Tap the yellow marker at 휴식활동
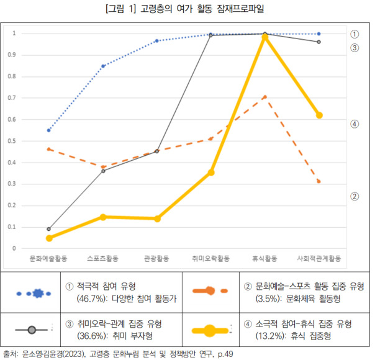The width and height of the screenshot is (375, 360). (264, 38)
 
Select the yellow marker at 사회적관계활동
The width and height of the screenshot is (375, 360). (319, 115)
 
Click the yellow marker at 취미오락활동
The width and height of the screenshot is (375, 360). (211, 172)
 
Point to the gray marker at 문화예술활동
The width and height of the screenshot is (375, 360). (49, 229)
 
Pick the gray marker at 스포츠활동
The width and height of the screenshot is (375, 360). (103, 171)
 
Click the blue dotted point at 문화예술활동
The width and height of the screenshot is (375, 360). (49, 130)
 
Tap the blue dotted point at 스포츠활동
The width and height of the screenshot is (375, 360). (103, 66)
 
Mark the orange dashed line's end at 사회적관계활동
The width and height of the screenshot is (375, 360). (319, 182)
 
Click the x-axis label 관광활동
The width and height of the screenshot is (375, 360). (156, 256)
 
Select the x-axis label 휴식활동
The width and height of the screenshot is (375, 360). (264, 256)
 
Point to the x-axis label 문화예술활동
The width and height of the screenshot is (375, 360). (49, 256)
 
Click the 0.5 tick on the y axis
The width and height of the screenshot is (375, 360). (15, 141)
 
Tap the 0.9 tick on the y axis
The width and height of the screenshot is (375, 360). (15, 55)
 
